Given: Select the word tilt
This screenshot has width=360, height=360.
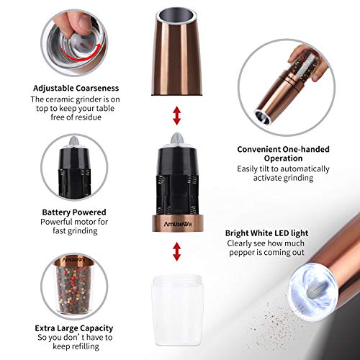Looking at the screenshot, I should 270,169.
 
